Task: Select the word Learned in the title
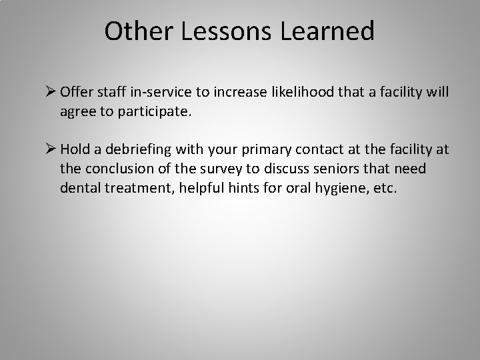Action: coord(331,31)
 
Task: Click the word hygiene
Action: coord(337,189)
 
